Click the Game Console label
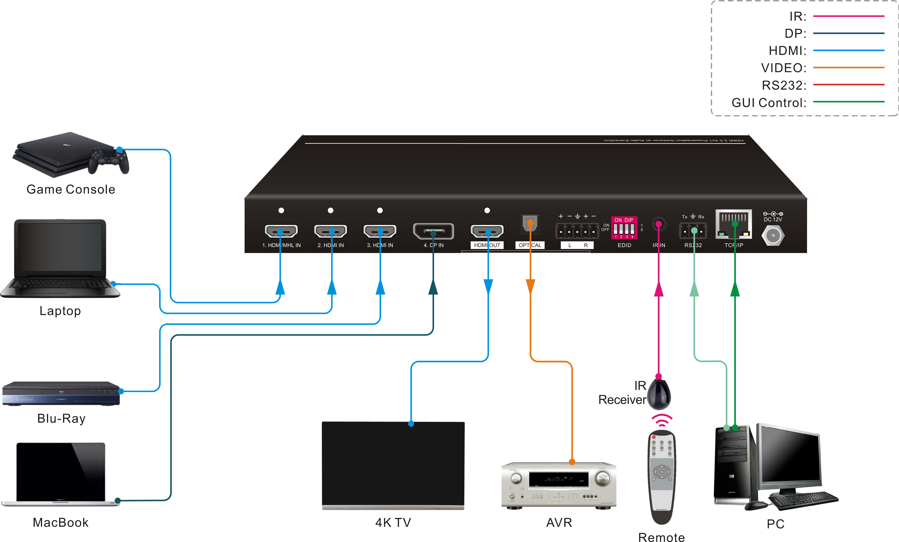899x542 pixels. (71, 189)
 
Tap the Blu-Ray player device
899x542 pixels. (61, 394)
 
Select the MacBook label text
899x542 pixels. (61, 523)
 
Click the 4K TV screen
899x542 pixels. (393, 465)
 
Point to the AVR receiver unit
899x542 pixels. (559, 485)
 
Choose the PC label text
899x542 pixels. (775, 524)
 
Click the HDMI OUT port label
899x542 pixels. (487, 245)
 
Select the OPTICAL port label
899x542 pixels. (530, 245)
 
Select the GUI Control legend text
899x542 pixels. (769, 103)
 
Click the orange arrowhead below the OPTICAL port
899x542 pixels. (530, 286)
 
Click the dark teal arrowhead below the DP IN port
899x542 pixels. (433, 287)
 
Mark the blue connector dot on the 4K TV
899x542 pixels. (411, 424)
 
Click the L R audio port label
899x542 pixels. (577, 245)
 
